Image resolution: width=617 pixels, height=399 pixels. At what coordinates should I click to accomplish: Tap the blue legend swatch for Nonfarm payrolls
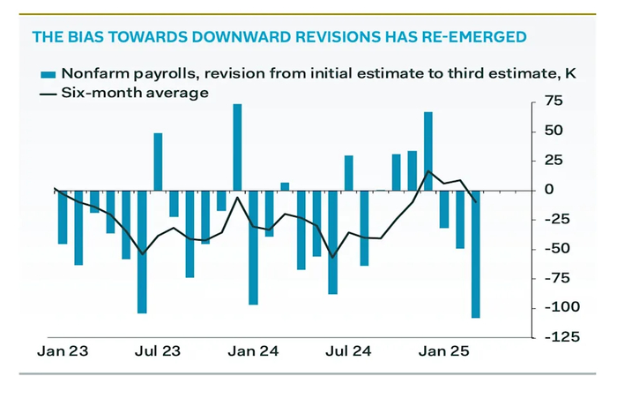48,73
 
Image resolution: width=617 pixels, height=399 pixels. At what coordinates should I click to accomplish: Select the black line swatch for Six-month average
48,93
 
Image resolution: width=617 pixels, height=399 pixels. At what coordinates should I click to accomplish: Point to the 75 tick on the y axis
554,102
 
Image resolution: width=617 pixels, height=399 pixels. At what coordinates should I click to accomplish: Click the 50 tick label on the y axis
554,132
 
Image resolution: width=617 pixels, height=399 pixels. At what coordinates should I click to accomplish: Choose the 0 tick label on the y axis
548,190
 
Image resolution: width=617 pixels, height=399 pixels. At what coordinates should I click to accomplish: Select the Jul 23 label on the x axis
158,351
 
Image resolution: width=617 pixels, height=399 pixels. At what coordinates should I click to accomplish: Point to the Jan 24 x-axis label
253,351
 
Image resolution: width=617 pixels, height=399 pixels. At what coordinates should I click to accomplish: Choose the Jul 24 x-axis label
348,351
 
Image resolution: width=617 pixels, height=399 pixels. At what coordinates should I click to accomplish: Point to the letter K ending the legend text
569,73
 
